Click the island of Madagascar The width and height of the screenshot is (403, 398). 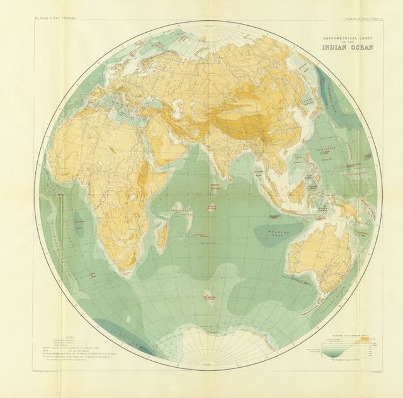pos(161,234)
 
